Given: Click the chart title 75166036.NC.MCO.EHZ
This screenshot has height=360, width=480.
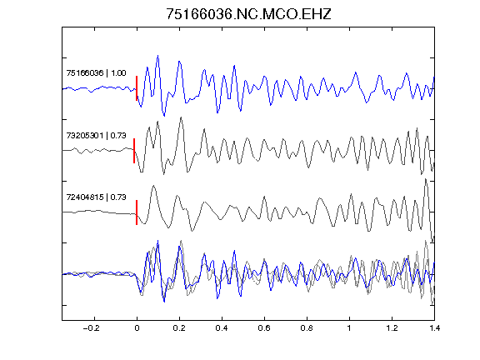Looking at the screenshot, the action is pyautogui.click(x=248, y=14).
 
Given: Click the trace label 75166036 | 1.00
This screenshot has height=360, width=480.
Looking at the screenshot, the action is pyautogui.click(x=96, y=73).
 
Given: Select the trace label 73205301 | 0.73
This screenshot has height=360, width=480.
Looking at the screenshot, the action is pyautogui.click(x=96, y=135).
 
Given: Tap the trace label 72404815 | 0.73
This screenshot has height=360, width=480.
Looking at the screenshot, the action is pyautogui.click(x=96, y=197).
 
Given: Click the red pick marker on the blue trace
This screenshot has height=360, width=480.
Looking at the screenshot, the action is pyautogui.click(x=137, y=88).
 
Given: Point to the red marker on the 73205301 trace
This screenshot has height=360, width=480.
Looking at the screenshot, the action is pyautogui.click(x=134, y=151).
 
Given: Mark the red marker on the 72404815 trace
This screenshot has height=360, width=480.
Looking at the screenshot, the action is pyautogui.click(x=137, y=212).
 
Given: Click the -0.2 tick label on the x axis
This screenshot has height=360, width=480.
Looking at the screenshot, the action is pyautogui.click(x=92, y=328).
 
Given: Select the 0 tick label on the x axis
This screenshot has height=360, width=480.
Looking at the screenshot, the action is pyautogui.click(x=137, y=328).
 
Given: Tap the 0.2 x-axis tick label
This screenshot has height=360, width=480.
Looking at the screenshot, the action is pyautogui.click(x=179, y=328).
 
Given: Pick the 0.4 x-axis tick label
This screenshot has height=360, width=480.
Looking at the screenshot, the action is pyautogui.click(x=222, y=328).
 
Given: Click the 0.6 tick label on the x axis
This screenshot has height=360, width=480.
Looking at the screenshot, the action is pyautogui.click(x=264, y=328).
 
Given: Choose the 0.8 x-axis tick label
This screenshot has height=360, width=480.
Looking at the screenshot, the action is pyautogui.click(x=307, y=328).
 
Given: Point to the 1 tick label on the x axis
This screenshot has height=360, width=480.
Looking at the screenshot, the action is pyautogui.click(x=349, y=328).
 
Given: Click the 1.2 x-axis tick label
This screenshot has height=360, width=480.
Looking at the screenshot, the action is pyautogui.click(x=392, y=328).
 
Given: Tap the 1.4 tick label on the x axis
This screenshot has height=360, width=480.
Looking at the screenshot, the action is pyautogui.click(x=434, y=328).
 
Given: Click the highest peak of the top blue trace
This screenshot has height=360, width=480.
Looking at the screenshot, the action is pyautogui.click(x=158, y=56).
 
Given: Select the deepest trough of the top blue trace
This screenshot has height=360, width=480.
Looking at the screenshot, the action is pyautogui.click(x=164, y=116).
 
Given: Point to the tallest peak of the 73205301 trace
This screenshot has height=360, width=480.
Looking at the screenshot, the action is pyautogui.click(x=182, y=117).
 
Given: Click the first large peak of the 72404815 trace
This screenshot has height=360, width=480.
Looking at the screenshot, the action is pyautogui.click(x=153, y=186).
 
